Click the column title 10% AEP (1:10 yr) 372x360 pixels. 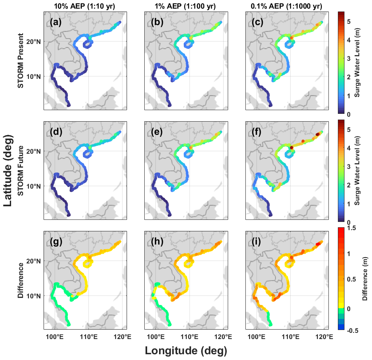85,5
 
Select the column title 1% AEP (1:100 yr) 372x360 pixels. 185,5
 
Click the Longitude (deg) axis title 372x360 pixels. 185,351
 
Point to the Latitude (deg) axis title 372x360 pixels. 8,171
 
